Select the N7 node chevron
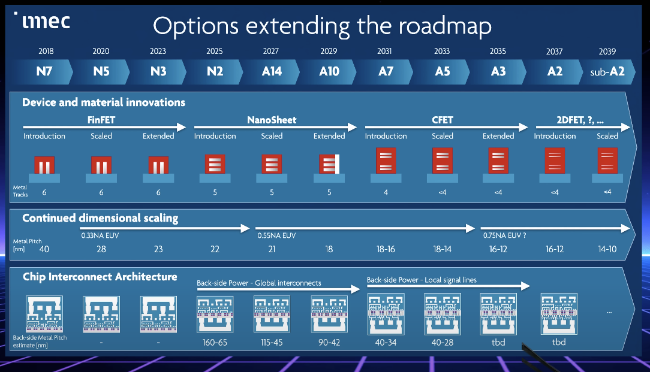coord(45,71)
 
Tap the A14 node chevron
coord(272,71)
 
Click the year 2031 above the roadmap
coord(384,52)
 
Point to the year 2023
coord(158,52)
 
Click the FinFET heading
coord(101,120)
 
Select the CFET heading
coord(443,120)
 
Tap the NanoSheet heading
coord(272,120)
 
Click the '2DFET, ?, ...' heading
coord(580,120)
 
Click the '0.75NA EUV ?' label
coord(504,235)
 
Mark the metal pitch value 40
coord(44,249)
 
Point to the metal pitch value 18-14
coord(443,249)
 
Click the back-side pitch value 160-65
coord(215,343)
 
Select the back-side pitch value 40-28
coord(443,343)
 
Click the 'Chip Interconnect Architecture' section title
coord(100,277)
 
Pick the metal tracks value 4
coord(385,192)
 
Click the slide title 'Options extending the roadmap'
coord(322,26)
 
